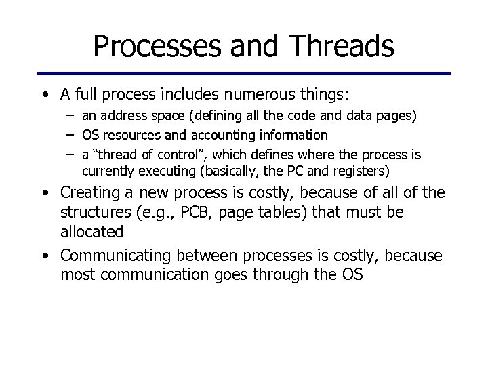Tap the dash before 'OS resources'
(x=70, y=136)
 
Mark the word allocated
(x=91, y=231)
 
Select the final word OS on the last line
(x=352, y=275)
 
